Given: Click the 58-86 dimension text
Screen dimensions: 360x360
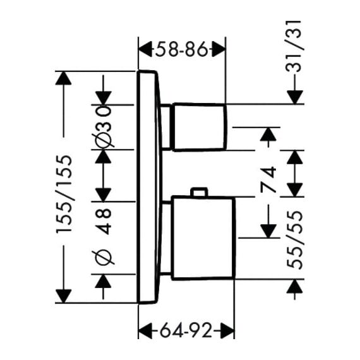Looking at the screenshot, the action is (x=181, y=49).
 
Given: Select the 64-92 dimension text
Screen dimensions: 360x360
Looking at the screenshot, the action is (x=186, y=331).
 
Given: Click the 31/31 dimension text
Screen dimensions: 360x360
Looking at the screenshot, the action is (x=293, y=46).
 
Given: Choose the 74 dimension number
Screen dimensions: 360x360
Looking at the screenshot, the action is (x=268, y=179).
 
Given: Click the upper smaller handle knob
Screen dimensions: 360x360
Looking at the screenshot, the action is (x=200, y=127).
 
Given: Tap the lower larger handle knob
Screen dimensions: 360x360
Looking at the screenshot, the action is (x=203, y=238).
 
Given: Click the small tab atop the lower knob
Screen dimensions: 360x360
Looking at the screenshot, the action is (x=200, y=192).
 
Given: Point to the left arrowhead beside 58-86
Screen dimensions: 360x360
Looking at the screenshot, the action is (x=145, y=49).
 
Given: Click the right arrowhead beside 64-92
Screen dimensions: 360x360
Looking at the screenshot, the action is (x=227, y=331).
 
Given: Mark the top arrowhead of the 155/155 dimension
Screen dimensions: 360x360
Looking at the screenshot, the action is (x=64, y=78).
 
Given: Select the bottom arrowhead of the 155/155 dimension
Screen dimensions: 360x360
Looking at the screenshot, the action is (x=64, y=296).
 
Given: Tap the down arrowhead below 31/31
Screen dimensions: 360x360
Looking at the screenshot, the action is (x=295, y=97).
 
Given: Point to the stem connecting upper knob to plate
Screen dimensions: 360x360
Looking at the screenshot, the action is (x=167, y=127).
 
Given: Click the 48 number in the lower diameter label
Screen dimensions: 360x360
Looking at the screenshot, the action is (x=104, y=221).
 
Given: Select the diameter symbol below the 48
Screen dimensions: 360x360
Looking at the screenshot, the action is (x=104, y=258).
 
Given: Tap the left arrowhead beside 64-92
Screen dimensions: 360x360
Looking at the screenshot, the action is (x=145, y=331).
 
